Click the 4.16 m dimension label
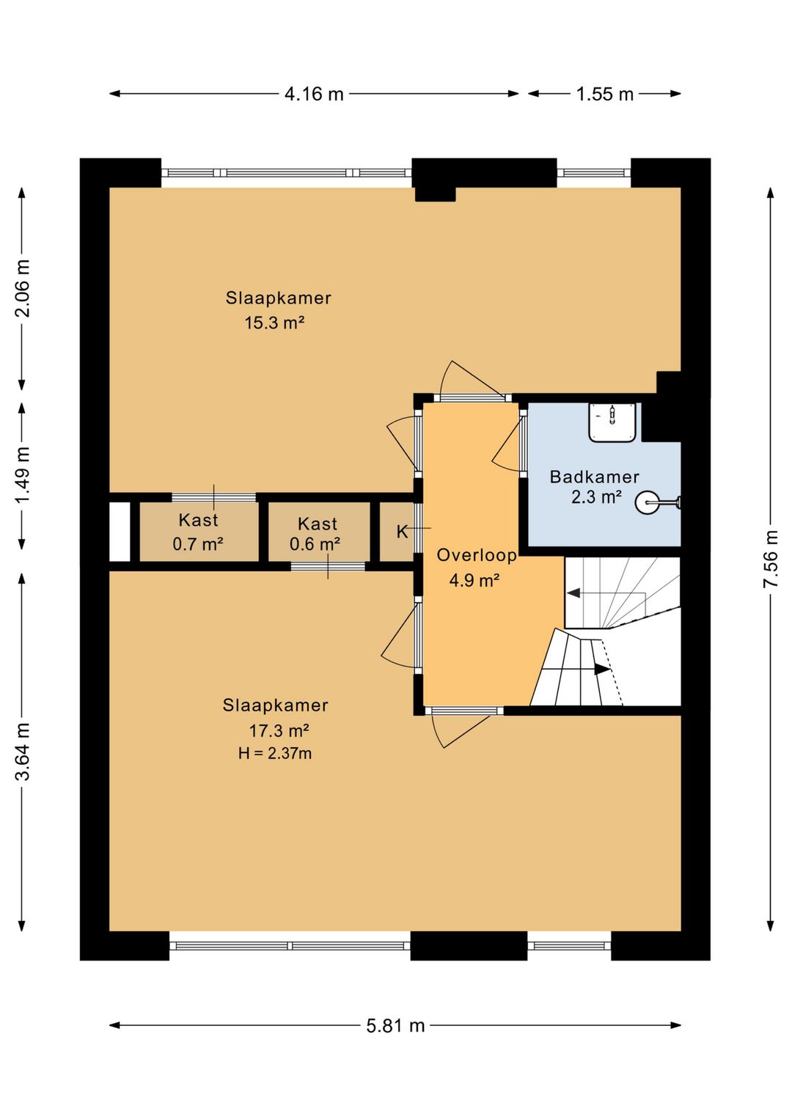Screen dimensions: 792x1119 point(314,93)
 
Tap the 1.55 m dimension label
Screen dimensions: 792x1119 point(604,93)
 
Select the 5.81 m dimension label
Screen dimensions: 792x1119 point(395,1026)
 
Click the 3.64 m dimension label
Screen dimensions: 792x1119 point(23,751)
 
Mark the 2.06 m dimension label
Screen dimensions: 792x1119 point(23,288)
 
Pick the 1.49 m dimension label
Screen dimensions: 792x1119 point(23,476)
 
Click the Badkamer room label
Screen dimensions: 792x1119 point(594,477)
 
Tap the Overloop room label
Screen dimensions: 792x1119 point(477,555)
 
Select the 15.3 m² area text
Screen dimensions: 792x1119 point(274,323)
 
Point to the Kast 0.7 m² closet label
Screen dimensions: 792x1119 point(198,532)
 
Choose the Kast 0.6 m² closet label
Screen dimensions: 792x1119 point(315,534)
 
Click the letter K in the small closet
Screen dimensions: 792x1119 point(403,532)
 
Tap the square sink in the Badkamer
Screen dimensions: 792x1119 point(612,422)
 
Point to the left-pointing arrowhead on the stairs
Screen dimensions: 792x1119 point(573,593)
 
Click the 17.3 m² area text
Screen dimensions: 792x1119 point(279,731)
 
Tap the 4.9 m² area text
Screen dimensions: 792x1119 point(474,581)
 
